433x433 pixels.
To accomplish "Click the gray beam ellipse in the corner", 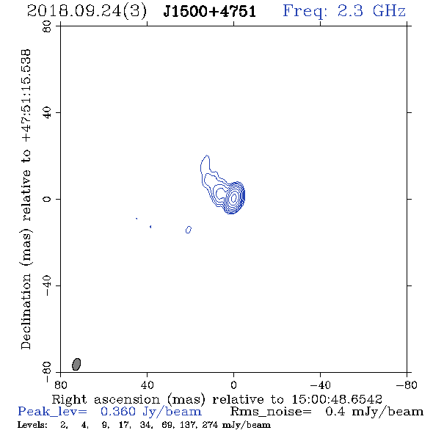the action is (x=76, y=364).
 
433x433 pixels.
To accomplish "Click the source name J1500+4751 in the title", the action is (x=210, y=12).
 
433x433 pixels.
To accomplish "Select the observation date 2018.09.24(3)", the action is (x=87, y=12).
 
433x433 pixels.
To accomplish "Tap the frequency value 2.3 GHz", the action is (x=371, y=11).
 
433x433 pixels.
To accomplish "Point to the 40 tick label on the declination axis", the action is (x=47, y=113).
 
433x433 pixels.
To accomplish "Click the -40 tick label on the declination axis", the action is (x=47, y=285).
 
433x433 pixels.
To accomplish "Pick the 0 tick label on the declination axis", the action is (x=47, y=199).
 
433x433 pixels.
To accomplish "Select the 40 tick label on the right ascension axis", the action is (x=148, y=385).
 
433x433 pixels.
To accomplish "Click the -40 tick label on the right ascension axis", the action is (x=320, y=385).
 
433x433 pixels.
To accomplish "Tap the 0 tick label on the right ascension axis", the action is (x=233, y=385).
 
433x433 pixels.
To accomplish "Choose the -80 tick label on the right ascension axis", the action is (x=407, y=385).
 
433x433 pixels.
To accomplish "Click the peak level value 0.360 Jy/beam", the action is (x=151, y=412).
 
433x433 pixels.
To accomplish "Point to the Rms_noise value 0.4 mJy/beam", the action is (x=374, y=412).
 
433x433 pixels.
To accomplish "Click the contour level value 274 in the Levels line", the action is (x=210, y=425).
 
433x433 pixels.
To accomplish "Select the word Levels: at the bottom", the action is (x=32, y=425).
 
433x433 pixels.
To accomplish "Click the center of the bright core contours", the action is (x=233, y=197).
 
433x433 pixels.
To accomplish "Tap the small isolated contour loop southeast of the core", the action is (x=189, y=230).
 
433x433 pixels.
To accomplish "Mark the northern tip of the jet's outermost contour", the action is (x=206, y=156).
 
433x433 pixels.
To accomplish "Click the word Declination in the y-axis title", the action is (x=26, y=311).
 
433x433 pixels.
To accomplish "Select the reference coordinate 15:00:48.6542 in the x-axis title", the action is (x=337, y=399).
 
